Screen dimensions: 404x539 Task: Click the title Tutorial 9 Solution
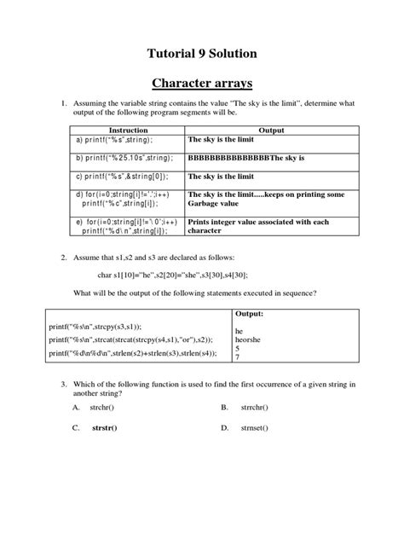(x=202, y=53)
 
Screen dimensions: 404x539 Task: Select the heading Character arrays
(x=202, y=84)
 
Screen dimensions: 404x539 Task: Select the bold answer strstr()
(x=105, y=428)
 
